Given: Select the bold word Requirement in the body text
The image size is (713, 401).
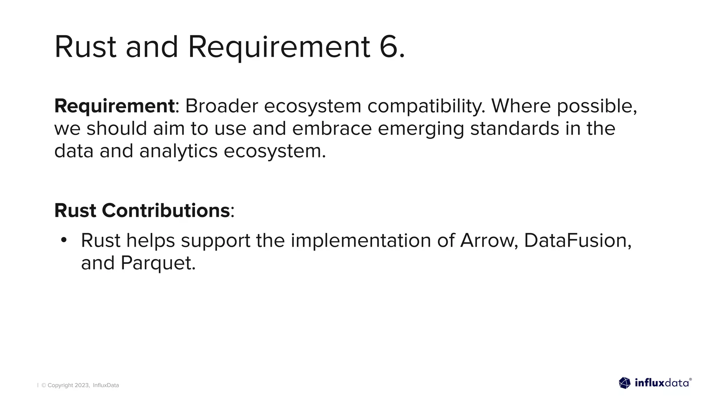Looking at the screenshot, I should pos(114,106).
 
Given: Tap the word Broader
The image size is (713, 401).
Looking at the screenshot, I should pos(221,106).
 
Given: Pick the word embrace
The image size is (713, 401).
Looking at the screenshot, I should pos(332,128).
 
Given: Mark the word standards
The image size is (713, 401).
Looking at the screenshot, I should pos(515,128).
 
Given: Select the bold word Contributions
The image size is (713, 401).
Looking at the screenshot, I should pos(165,211).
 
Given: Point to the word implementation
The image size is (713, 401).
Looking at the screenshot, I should pos(361,241).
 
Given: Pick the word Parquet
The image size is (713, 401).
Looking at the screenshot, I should pos(158,263).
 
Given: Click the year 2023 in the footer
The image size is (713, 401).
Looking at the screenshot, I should pos(82,385).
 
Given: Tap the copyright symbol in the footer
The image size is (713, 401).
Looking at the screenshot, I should pos(44,385).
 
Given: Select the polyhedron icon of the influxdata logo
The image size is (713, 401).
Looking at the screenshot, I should pos(625,383).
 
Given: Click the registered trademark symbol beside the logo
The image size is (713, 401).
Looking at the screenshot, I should pos(690,379).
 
